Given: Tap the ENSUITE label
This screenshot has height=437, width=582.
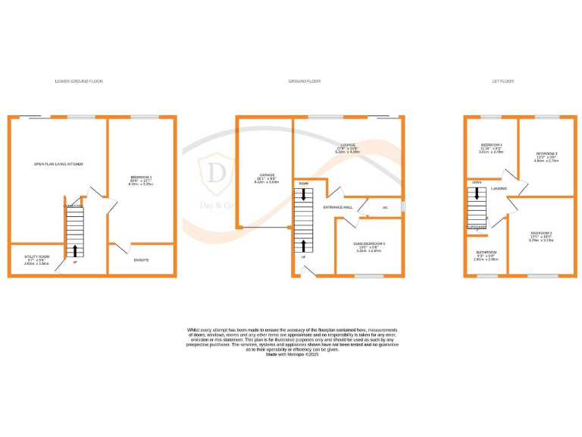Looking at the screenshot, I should point(141,260).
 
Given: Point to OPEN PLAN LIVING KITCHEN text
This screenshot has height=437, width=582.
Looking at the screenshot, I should point(58,164).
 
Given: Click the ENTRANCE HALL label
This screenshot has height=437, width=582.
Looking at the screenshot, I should point(338,206).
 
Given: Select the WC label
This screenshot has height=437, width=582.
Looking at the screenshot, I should point(386,206).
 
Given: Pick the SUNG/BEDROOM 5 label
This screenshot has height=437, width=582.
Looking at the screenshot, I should point(370,244).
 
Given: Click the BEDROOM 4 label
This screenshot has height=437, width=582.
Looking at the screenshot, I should point(491,144).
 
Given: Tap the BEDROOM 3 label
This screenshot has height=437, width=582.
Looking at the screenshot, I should point(546,152).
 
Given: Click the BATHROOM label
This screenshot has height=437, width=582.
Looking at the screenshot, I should point(486,252).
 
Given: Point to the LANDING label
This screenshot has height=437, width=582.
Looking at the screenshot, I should point(499,188).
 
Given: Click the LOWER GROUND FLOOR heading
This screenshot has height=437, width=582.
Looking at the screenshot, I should point(79,80).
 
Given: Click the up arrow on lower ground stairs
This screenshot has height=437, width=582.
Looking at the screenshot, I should point(75,250).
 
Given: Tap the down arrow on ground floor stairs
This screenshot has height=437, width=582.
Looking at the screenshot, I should point(304,195).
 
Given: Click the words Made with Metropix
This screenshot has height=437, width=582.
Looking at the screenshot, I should point(292,355).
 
